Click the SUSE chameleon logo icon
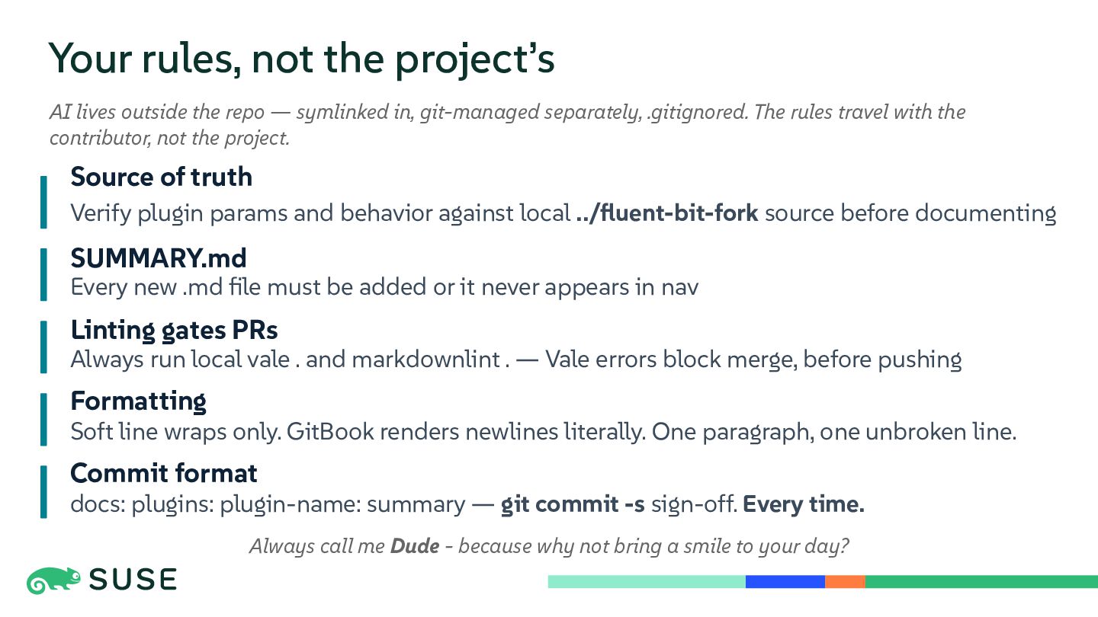(53, 580)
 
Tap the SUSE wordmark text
(133, 580)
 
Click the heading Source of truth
(162, 177)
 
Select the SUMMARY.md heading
(159, 258)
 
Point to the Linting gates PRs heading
(174, 330)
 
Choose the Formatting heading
(138, 401)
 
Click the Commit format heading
(164, 474)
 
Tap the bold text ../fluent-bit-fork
(667, 213)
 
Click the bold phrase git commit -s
(573, 504)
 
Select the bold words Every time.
(804, 504)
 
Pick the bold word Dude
(415, 546)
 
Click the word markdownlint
(425, 360)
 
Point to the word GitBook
(330, 432)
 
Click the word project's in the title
(474, 59)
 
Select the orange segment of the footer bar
(845, 582)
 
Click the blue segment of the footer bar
(785, 582)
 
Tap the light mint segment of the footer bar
(647, 582)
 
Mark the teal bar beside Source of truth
(43, 203)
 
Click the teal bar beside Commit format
(43, 491)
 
